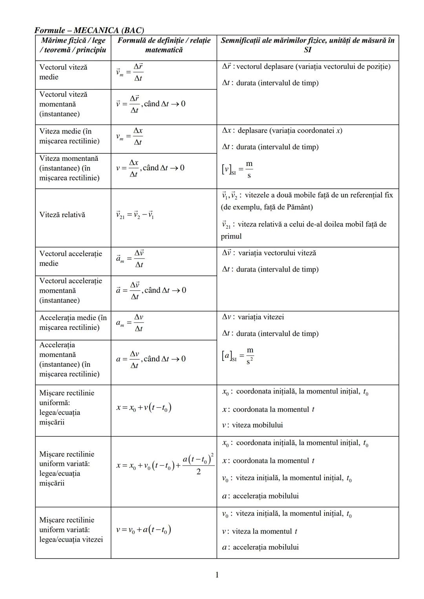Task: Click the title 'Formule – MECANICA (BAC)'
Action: click(x=89, y=30)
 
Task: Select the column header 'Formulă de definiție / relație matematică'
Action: click(x=164, y=45)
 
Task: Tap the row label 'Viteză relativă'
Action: click(x=62, y=215)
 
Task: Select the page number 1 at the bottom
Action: click(x=217, y=575)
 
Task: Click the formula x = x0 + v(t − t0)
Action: click(x=144, y=408)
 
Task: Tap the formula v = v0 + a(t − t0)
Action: click(x=144, y=530)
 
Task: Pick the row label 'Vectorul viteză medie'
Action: click(x=63, y=72)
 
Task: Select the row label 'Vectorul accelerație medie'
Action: click(x=71, y=259)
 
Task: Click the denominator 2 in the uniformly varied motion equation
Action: click(x=198, y=472)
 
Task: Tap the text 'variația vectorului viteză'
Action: click(x=277, y=253)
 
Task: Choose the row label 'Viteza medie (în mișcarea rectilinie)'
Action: click(x=69, y=136)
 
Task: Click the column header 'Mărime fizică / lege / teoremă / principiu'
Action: click(x=73, y=45)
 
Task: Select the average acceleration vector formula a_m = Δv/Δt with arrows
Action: click(x=130, y=259)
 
